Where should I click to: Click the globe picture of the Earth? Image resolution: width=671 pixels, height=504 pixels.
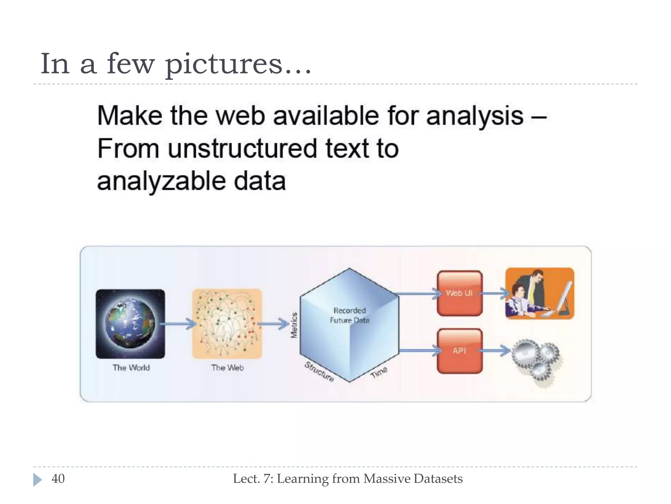130,324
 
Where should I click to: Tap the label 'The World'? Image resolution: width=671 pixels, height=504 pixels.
131,367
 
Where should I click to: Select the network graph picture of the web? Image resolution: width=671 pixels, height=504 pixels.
227,324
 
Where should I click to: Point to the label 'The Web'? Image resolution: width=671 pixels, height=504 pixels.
227,367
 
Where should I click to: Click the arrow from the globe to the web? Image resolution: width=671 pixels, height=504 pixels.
179,324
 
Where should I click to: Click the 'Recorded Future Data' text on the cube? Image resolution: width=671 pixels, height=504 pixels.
350,315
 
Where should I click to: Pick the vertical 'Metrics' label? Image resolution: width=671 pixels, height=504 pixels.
294,325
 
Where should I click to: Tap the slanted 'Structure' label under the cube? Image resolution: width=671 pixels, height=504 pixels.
319,372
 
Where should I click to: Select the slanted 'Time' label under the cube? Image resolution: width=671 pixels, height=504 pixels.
379,372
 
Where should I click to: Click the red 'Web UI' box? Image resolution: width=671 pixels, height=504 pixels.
459,293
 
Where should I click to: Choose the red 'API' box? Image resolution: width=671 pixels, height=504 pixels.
459,351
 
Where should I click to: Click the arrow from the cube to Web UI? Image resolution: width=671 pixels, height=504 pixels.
418,293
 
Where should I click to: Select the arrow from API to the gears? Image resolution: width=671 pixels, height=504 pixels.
495,351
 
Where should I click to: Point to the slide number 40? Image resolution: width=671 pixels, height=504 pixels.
58,479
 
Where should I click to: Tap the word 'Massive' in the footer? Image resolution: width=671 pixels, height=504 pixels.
387,479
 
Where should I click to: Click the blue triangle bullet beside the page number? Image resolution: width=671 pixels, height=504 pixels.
37,479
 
